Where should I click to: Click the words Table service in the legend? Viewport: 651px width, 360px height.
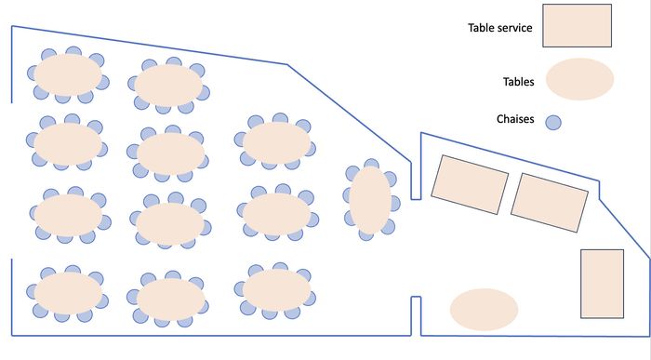coord(499,29)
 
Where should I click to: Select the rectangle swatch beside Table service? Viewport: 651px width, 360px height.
coord(577,25)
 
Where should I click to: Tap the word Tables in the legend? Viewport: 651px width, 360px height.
coord(517,82)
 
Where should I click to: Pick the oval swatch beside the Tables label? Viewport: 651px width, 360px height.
coord(579,79)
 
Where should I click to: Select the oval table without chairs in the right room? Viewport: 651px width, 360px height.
coord(484,310)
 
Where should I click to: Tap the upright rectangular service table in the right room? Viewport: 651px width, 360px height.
coord(601,284)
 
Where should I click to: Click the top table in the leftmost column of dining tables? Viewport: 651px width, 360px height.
coord(68,74)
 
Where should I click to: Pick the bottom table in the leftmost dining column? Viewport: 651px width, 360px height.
coord(68,292)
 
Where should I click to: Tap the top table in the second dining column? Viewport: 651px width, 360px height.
coord(168,85)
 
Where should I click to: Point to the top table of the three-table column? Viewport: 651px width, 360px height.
coord(276,142)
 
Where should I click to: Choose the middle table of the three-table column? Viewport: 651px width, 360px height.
coord(276,213)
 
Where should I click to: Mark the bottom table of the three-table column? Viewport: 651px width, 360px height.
coord(276,291)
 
